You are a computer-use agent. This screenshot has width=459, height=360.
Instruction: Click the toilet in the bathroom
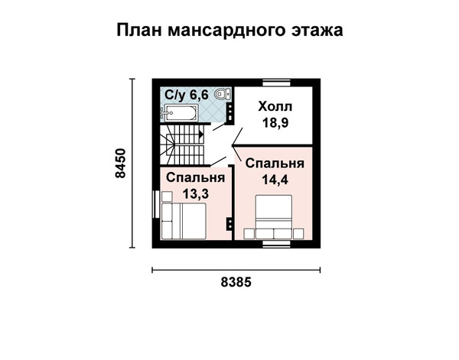pos(223,94)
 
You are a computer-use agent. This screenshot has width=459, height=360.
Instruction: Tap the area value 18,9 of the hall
pos(275,122)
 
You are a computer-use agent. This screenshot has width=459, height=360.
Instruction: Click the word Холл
pos(275,107)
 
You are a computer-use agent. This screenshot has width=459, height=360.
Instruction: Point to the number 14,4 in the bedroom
pos(275,180)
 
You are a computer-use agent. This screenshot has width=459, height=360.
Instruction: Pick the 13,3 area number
pos(196,193)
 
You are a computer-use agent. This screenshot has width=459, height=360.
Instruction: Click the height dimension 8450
pos(120,163)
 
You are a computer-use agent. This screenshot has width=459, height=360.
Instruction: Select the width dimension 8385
pos(236,282)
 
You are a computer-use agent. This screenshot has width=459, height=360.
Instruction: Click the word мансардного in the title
pos(226,30)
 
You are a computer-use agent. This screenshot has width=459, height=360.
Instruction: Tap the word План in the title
pos(139,30)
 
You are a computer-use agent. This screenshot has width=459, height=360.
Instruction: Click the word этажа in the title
pos(317,30)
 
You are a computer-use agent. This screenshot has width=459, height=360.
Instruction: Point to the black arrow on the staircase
pos(201,135)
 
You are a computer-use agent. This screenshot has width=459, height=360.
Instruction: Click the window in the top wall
pos(276,83)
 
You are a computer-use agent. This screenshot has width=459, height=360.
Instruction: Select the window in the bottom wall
pos(276,244)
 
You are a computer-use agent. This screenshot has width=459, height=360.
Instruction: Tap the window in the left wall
pos(156,204)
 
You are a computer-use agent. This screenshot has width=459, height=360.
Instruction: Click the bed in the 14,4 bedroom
pos(274,217)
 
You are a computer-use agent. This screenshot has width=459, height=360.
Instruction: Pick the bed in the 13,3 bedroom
pos(184,222)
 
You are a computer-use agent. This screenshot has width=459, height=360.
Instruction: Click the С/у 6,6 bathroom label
pos(187,95)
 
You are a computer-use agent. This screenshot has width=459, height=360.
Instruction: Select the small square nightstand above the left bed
pos(167,196)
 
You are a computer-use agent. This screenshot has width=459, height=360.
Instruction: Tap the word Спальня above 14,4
pos(275,164)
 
